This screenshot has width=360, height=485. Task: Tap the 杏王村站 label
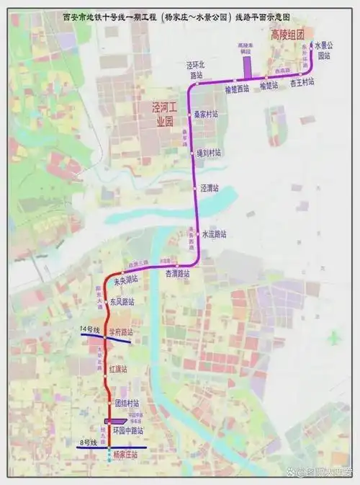click(x=302, y=84)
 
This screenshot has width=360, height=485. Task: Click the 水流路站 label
click(x=214, y=234)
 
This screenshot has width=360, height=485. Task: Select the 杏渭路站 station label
click(x=177, y=273)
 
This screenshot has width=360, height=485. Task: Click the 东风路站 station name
click(x=122, y=302)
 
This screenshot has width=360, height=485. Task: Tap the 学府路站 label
click(x=122, y=332)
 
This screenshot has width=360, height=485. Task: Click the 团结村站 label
click(x=126, y=403)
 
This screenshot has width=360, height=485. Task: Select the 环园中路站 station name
click(x=130, y=430)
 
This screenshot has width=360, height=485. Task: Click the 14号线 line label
click(x=90, y=329)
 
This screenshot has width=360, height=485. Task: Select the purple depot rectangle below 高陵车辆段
click(x=246, y=66)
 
